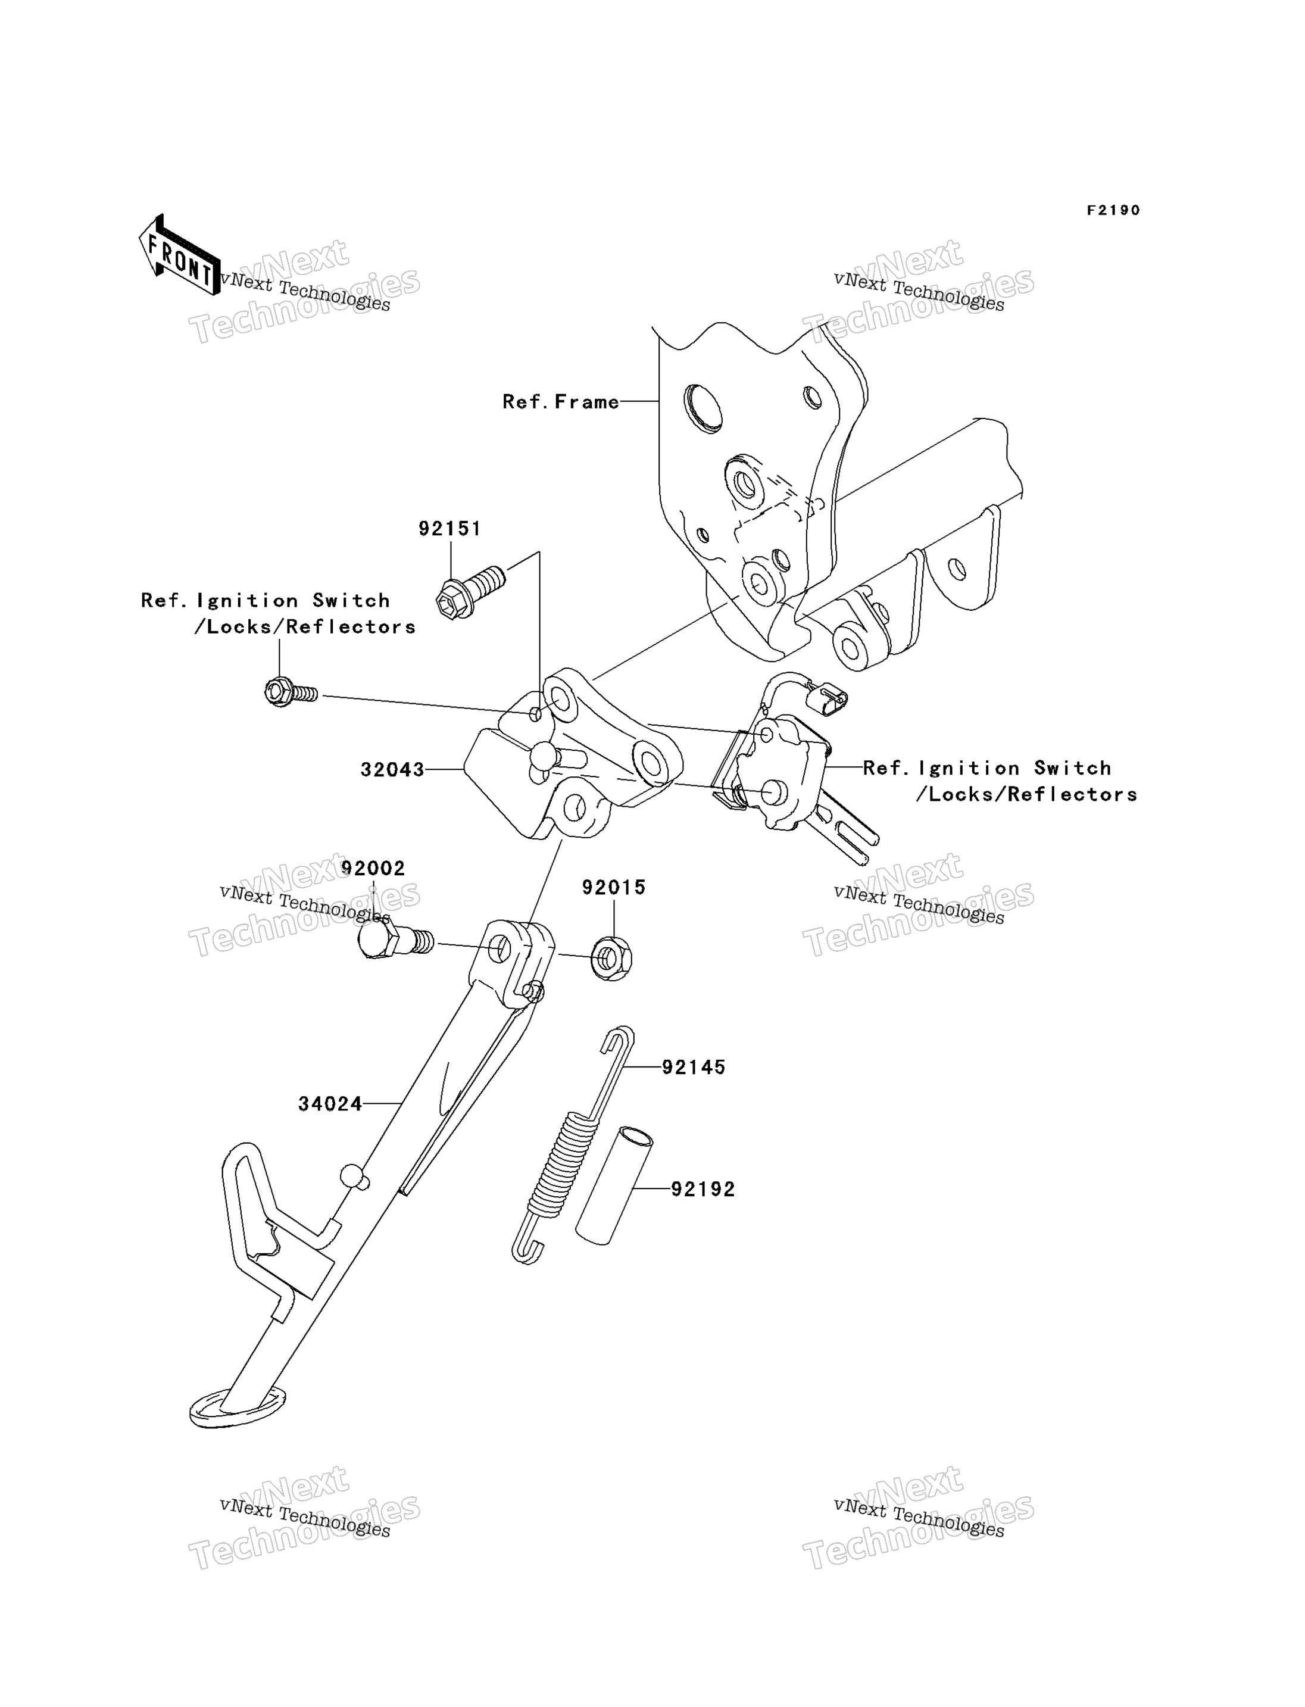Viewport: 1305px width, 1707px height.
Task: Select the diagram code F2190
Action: pyautogui.click(x=1113, y=211)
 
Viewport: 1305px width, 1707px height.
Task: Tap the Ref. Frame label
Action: pyautogui.click(x=560, y=402)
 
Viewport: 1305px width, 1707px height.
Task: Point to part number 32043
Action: pyautogui.click(x=392, y=769)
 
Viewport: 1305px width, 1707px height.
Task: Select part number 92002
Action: pyautogui.click(x=373, y=868)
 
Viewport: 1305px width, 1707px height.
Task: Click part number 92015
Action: pyautogui.click(x=614, y=887)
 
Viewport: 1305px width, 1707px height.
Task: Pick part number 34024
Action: pyautogui.click(x=330, y=1104)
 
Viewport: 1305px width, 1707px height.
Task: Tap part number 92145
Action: pyautogui.click(x=694, y=1068)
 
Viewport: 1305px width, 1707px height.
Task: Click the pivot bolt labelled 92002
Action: pyautogui.click(x=395, y=941)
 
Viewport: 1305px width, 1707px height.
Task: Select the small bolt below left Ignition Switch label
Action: pyautogui.click(x=291, y=691)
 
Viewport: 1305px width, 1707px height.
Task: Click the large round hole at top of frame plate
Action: pyautogui.click(x=703, y=408)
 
